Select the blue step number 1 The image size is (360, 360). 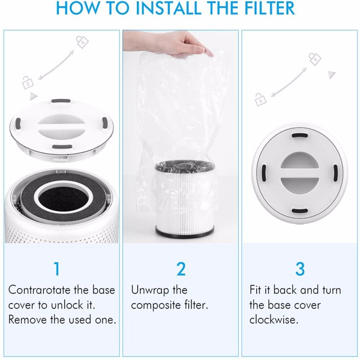click(57, 268)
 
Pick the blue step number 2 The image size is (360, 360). click(181, 268)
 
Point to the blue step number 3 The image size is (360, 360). click(299, 268)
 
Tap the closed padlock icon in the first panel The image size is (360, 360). click(81, 42)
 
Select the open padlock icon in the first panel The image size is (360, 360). click(27, 80)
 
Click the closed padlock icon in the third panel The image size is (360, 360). click(314, 58)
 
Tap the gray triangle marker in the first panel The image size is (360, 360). click(33, 95)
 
